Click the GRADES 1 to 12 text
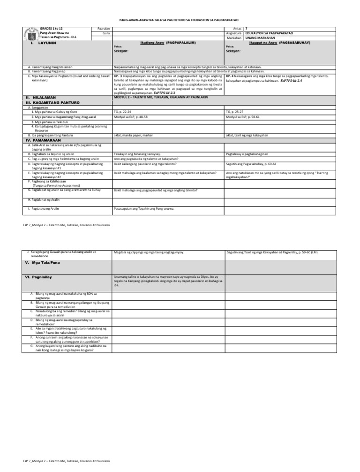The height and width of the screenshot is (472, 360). pyautogui.click(x=51, y=29)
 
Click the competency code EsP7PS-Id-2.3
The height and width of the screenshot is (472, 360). pyautogui.click(x=167, y=93)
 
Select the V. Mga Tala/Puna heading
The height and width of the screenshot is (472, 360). pyautogui.click(x=45, y=263)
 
